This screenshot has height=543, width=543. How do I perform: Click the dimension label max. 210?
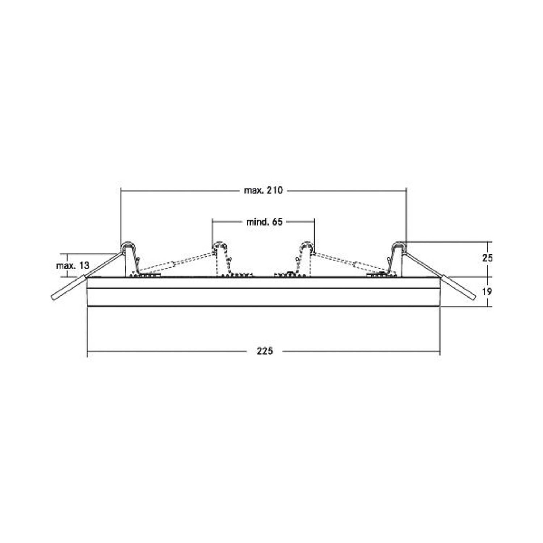click(263, 190)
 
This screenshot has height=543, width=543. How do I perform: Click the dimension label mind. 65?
click(264, 222)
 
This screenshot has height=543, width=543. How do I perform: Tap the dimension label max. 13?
click(72, 265)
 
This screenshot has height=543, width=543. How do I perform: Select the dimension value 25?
click(487, 258)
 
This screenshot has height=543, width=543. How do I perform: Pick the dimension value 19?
click(487, 291)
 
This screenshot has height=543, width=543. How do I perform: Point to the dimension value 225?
click(265, 351)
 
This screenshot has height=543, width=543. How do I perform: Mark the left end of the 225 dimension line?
click(88, 351)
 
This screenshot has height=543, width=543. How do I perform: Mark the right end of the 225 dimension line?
click(440, 351)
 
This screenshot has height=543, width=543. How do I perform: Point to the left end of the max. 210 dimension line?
click(121, 190)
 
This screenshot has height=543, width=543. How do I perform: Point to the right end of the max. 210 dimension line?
click(407, 190)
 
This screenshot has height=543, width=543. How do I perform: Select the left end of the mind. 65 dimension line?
click(212, 222)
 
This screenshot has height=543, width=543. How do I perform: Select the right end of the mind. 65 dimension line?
click(314, 222)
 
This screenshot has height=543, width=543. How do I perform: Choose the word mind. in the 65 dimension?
click(257, 222)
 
